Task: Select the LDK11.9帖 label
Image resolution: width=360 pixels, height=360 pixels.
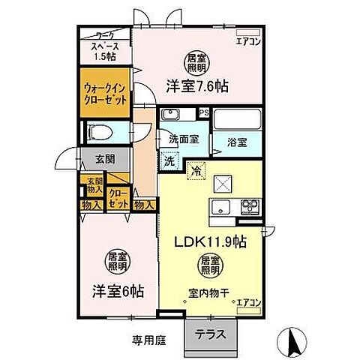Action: [x=212, y=242]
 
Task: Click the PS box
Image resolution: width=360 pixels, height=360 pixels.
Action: [x=204, y=113]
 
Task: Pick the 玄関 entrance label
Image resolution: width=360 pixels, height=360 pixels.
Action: [x=105, y=158]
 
